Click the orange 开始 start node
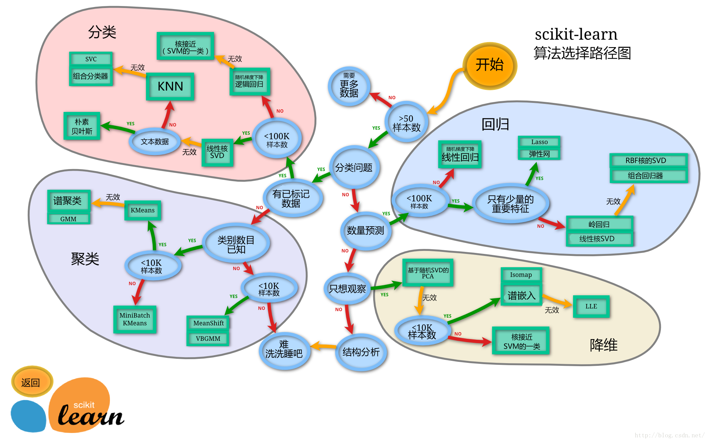coord(489,65)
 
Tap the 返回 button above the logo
coord(31,382)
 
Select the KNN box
coord(170,87)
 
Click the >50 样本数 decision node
coord(406,123)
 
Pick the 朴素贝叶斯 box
coord(82,126)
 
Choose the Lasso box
coord(539,142)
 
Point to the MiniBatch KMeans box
coord(135,319)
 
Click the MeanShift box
coord(208,323)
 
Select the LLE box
coord(591,306)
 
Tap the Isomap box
coord(521,275)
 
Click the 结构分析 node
coord(361,352)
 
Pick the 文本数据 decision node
coord(155,142)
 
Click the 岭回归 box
coord(599,224)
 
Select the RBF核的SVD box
coord(646,161)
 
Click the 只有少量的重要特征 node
coord(511,204)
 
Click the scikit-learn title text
coord(576,34)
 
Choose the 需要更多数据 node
coord(349,86)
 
